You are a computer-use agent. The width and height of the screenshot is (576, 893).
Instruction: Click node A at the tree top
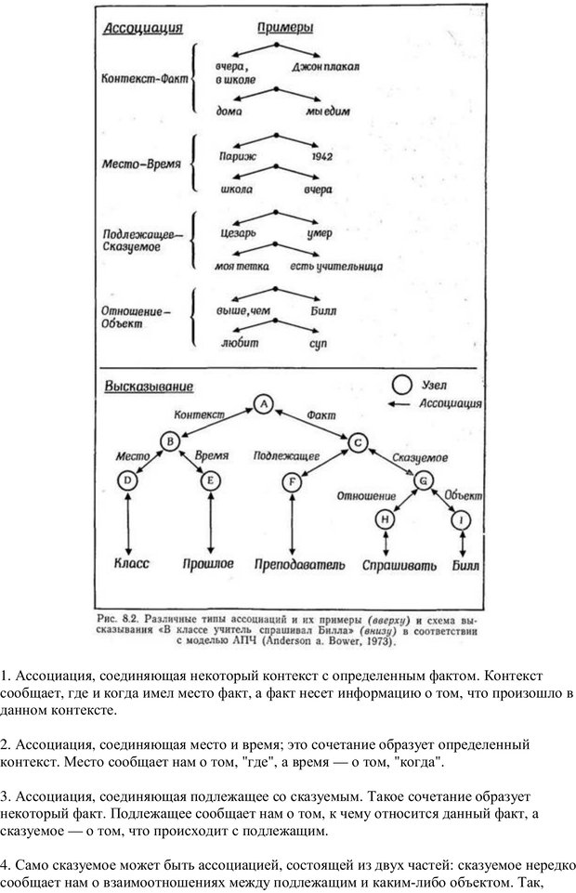click(x=264, y=404)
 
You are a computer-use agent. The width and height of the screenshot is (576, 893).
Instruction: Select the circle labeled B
click(x=170, y=442)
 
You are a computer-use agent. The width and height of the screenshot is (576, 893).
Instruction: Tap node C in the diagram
click(x=358, y=442)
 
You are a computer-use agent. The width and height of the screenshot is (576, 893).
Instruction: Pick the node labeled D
click(x=128, y=480)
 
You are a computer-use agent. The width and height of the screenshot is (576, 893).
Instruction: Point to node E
click(x=211, y=480)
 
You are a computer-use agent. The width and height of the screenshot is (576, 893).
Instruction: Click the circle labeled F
click(x=293, y=481)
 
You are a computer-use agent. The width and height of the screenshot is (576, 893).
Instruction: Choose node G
click(x=423, y=480)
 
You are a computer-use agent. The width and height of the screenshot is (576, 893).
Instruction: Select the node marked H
click(x=386, y=521)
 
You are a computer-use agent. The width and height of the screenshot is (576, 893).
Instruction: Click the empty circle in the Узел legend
click(x=401, y=383)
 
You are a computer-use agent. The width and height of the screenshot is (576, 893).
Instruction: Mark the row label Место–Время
click(x=142, y=164)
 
